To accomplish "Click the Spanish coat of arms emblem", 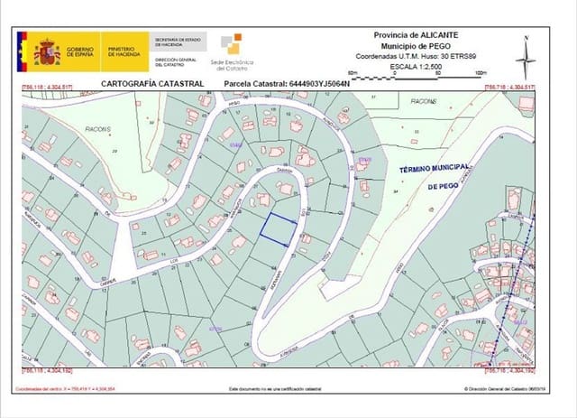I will point(49,51).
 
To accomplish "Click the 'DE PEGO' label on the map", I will point(444,185).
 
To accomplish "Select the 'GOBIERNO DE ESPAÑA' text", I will point(80,52).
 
